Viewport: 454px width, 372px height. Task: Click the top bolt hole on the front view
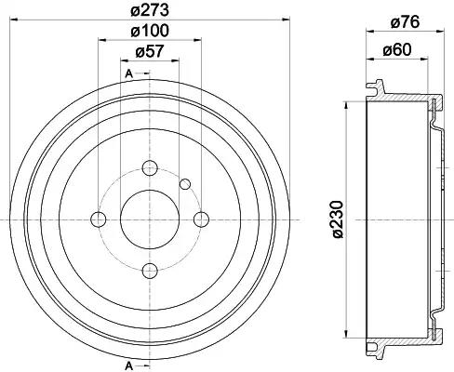pyautogui.click(x=150, y=168)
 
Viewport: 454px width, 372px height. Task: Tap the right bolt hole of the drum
pyautogui.click(x=201, y=219)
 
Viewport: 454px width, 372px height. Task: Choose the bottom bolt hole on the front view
pyautogui.click(x=150, y=270)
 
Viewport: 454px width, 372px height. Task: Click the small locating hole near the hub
pyautogui.click(x=185, y=183)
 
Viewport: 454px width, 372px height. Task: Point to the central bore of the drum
pyautogui.click(x=150, y=219)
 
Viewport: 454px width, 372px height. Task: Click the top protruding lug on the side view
pyautogui.click(x=375, y=89)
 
